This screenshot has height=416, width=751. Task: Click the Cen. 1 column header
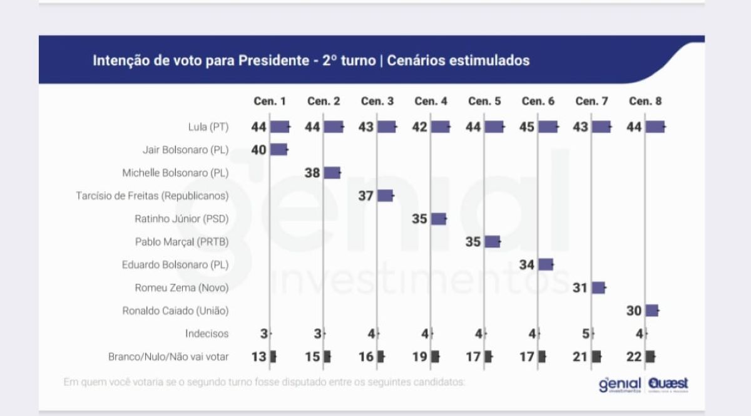click(270, 101)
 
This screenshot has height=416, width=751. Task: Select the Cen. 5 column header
click(484, 101)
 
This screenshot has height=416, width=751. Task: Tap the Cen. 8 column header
click(645, 101)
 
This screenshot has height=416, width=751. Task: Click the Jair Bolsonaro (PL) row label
click(185, 150)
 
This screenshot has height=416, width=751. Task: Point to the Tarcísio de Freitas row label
click(152, 195)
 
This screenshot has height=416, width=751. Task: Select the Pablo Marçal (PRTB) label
click(181, 242)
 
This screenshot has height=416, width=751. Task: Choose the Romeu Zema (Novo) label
click(181, 288)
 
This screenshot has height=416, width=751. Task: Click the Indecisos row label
click(207, 334)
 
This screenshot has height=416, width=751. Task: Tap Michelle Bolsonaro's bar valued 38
click(332, 173)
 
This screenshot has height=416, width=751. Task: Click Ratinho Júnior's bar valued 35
click(439, 219)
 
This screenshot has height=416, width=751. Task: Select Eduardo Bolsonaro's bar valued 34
click(546, 264)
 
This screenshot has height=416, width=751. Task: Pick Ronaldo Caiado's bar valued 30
click(651, 311)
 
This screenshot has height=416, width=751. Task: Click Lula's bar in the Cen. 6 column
click(548, 127)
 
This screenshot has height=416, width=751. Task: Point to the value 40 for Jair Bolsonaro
click(259, 150)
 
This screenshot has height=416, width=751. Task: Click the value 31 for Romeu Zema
click(580, 288)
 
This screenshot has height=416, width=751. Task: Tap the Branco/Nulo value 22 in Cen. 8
click(634, 357)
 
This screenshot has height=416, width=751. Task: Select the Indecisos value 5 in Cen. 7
click(585, 334)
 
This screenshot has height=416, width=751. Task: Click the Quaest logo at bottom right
click(669, 384)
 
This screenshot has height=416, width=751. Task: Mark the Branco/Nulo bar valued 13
click(273, 357)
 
